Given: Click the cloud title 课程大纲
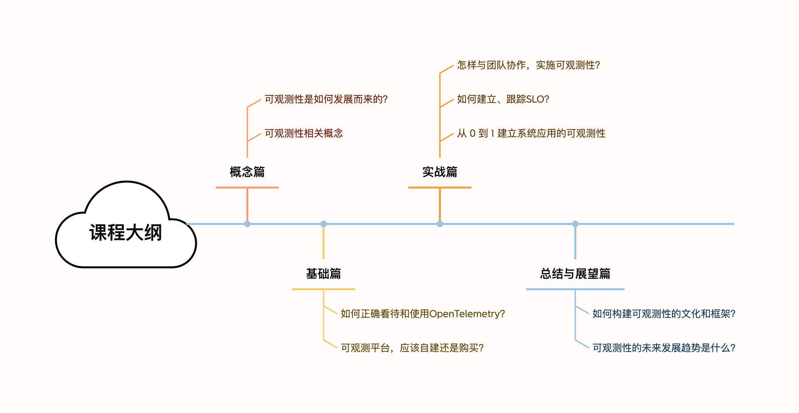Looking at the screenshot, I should pyautogui.click(x=125, y=233).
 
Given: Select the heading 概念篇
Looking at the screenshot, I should pyautogui.click(x=247, y=172).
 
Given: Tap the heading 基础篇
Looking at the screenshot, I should pyautogui.click(x=323, y=274).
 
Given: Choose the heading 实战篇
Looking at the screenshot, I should pyautogui.click(x=440, y=172).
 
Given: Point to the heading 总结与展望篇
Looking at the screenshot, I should pyautogui.click(x=575, y=274).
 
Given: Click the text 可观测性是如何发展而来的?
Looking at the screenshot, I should pyautogui.click(x=326, y=99).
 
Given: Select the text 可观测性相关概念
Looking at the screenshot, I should pyautogui.click(x=304, y=133).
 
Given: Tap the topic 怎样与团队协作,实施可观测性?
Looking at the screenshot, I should pyautogui.click(x=529, y=65).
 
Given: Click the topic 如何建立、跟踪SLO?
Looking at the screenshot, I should pyautogui.click(x=503, y=99).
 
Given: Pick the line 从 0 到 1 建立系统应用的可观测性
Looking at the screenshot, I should pyautogui.click(x=531, y=133).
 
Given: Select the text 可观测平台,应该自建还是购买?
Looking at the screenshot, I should pyautogui.click(x=412, y=348).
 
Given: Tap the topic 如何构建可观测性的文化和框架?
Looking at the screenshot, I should pyautogui.click(x=664, y=314).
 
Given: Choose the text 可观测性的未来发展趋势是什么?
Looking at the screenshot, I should pyautogui.click(x=664, y=348).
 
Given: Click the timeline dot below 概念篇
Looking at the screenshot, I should pyautogui.click(x=247, y=224).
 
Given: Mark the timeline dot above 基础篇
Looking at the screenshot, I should pyautogui.click(x=323, y=224).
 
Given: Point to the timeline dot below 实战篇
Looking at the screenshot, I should pyautogui.click(x=440, y=224).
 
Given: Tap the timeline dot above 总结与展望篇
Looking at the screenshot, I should pyautogui.click(x=575, y=224).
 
